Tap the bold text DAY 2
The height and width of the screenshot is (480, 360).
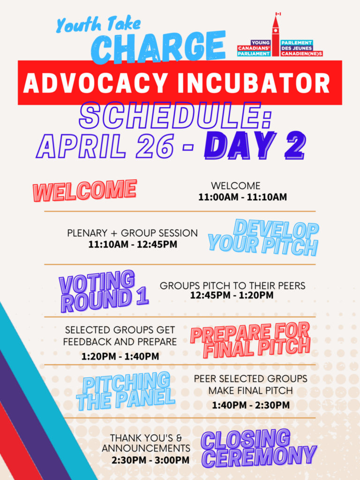tap(255, 146)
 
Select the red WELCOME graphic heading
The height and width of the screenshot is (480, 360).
tap(85, 190)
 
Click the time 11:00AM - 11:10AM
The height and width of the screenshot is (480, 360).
tap(242, 197)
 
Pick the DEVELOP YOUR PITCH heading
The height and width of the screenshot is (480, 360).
tap(263, 238)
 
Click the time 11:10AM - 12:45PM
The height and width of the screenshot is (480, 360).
tap(133, 244)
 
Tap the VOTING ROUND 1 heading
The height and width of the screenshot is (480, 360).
tap(104, 291)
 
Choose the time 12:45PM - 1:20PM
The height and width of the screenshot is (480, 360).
tap(232, 295)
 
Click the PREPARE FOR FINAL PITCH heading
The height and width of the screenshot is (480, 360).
tap(250, 340)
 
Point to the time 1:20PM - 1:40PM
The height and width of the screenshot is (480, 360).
tap(120, 356)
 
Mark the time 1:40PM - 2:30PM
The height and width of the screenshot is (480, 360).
tap(251, 405)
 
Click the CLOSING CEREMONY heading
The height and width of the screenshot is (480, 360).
tap(259, 449)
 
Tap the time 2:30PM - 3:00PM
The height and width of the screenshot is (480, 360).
tap(150, 460)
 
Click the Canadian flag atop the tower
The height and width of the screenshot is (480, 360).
tap(278, 14)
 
